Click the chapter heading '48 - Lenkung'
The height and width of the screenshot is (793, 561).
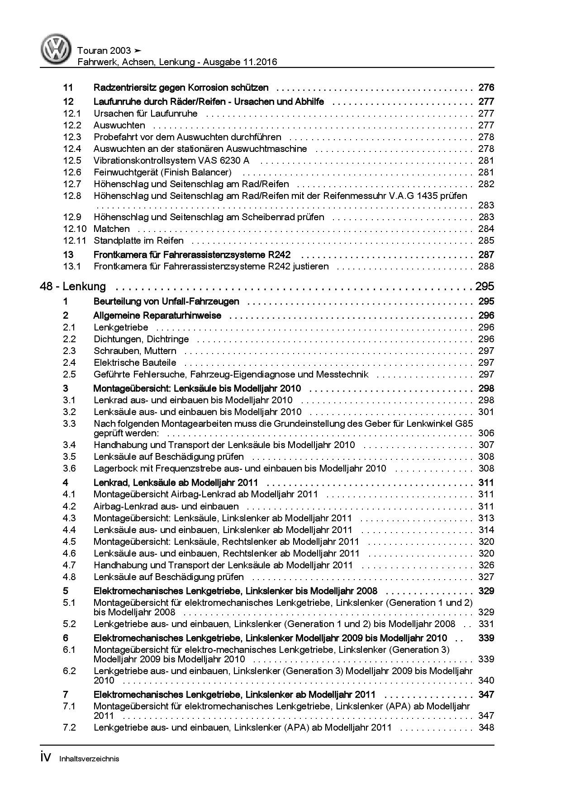[x=73, y=286]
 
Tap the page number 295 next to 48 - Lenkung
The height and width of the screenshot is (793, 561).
[x=484, y=286]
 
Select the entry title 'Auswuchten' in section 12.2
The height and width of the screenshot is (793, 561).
[x=119, y=125]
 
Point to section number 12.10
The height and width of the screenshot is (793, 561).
[x=74, y=229]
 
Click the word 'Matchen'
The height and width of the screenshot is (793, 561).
[x=111, y=229]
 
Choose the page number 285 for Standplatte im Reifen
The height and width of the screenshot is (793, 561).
[x=486, y=241]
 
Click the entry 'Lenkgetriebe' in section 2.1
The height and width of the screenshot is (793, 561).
[x=121, y=327]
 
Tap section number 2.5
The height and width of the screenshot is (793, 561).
[x=69, y=374]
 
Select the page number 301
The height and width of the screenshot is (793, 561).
[x=486, y=412]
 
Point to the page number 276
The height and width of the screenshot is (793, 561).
[x=486, y=88]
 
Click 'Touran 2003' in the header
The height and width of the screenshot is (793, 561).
[x=104, y=51]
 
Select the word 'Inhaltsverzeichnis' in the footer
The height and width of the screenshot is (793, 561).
[x=89, y=759]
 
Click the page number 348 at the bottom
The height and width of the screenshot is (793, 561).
[x=486, y=727]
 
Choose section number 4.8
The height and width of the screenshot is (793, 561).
[x=69, y=577]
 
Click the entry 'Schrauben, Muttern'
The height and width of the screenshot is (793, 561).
[x=135, y=351]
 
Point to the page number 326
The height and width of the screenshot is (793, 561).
[x=486, y=565]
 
